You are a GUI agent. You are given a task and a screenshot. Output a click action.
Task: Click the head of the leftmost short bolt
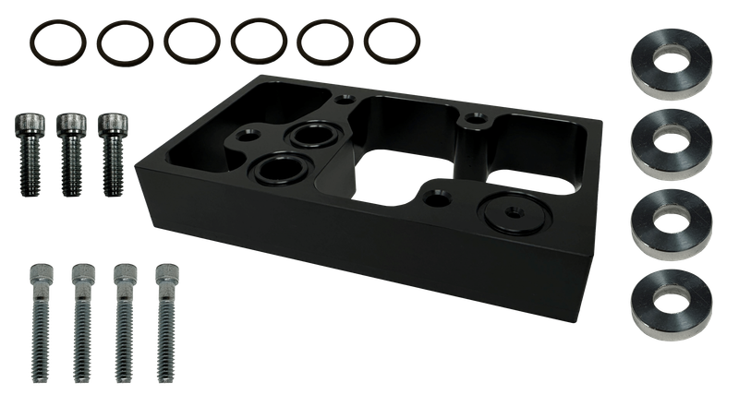(x=28, y=123)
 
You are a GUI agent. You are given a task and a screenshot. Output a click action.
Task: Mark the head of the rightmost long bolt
(x=167, y=275)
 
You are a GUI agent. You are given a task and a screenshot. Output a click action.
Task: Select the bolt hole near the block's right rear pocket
(x=475, y=118)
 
